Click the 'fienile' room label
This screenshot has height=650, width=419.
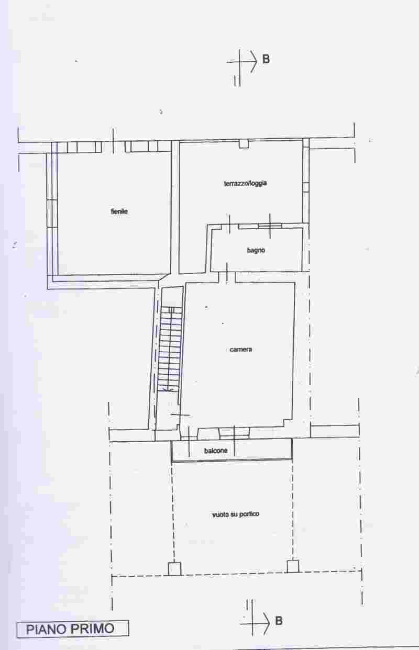(x=119, y=211)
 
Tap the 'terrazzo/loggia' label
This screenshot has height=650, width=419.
(x=245, y=183)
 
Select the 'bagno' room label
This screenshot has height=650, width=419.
(x=256, y=250)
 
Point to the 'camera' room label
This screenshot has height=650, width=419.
(x=241, y=350)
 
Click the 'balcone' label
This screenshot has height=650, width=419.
(x=215, y=451)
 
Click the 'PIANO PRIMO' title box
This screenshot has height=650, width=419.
(x=73, y=629)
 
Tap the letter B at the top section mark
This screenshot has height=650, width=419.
(x=266, y=59)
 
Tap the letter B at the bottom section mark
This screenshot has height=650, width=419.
(x=279, y=621)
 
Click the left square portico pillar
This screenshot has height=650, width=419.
(x=174, y=569)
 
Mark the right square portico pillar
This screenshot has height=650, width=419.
(x=293, y=566)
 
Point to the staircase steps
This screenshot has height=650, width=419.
(x=170, y=348)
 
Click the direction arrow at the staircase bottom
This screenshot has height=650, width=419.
(x=167, y=388)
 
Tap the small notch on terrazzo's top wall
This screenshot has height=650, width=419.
(x=244, y=144)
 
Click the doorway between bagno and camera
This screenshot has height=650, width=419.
(x=227, y=277)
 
